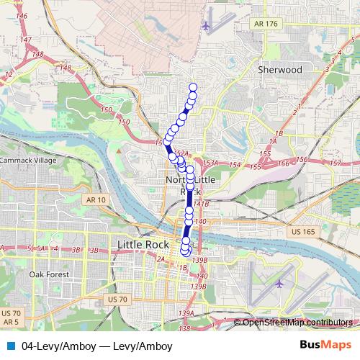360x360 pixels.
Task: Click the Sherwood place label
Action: click(279, 70)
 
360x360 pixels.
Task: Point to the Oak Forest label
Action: click(48, 274)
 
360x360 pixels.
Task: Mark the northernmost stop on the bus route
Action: click(193, 88)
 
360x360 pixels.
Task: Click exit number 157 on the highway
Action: click(334, 163)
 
